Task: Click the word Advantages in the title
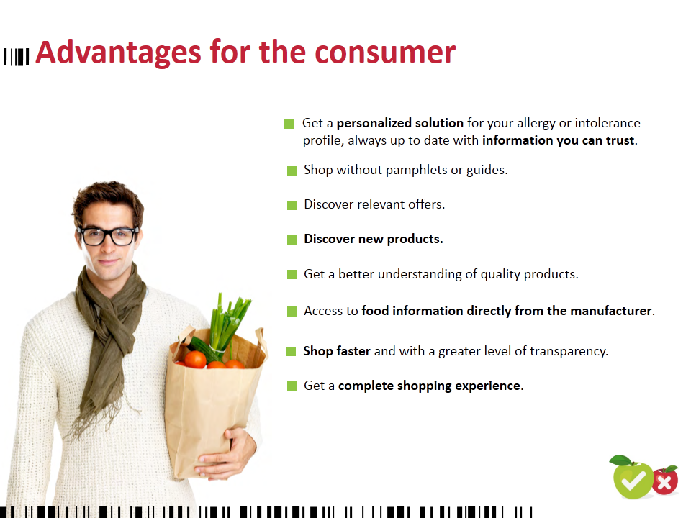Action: pos(119,53)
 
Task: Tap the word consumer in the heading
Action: pos(384,53)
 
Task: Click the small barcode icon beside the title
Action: pos(17,57)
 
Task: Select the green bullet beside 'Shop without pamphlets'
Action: pos(292,171)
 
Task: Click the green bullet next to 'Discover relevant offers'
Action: pos(292,205)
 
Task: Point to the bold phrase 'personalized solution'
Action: pos(399,123)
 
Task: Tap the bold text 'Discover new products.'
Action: pos(374,239)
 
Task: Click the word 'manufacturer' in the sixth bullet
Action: pos(611,311)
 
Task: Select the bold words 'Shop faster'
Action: pos(337,351)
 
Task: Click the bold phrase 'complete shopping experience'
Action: pos(429,386)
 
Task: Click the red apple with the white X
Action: pos(664,481)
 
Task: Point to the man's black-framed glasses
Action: pos(107,236)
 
